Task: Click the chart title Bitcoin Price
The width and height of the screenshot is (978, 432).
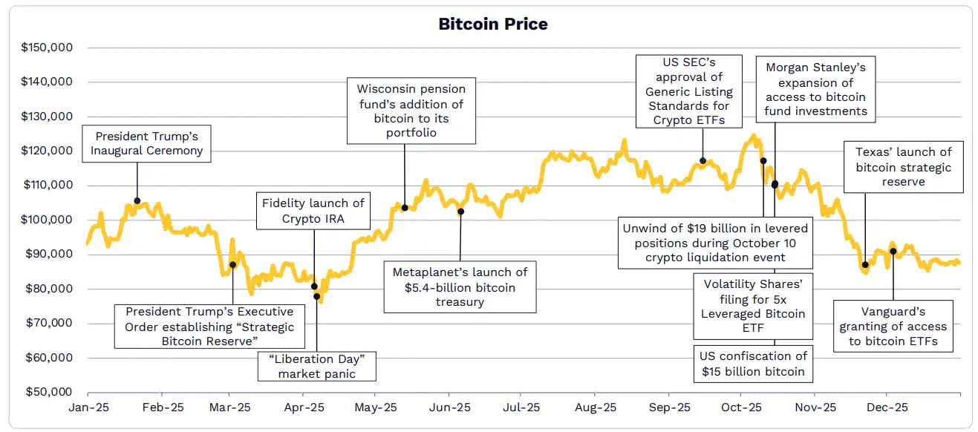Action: tap(492, 24)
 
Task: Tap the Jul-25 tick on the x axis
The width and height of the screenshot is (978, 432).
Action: tap(521, 408)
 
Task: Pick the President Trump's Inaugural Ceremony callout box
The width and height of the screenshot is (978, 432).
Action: tap(147, 143)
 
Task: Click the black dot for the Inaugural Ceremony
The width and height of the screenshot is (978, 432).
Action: tap(137, 200)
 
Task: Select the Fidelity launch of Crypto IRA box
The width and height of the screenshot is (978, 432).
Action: tap(313, 211)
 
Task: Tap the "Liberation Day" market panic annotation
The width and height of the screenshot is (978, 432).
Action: tap(317, 366)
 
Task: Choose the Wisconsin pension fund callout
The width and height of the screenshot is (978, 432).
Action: tap(411, 111)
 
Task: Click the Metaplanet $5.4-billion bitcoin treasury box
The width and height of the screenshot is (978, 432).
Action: tap(460, 287)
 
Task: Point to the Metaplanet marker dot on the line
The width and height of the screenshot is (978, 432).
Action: tap(460, 212)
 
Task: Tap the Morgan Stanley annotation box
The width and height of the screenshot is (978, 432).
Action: tap(816, 90)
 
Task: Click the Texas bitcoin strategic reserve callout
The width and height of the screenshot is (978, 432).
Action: tap(904, 166)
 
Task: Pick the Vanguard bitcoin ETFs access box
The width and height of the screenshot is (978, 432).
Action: tap(893, 327)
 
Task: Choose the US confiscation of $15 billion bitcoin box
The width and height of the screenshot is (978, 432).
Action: tap(753, 364)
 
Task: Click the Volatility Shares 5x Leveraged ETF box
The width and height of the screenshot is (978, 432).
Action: tap(753, 307)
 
